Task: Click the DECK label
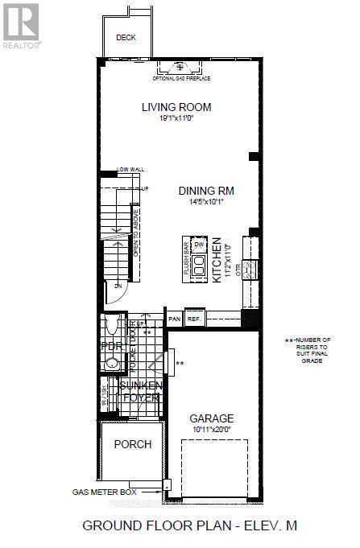pyautogui.click(x=126, y=37)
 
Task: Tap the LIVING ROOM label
pyautogui.click(x=176, y=107)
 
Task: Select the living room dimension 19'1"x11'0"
pyautogui.click(x=176, y=119)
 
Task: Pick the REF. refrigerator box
pyautogui.click(x=194, y=319)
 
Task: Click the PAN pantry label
pyautogui.click(x=174, y=319)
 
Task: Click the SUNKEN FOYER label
pyautogui.click(x=140, y=392)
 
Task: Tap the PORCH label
pyautogui.click(x=132, y=444)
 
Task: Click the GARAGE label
pyautogui.click(x=211, y=418)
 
